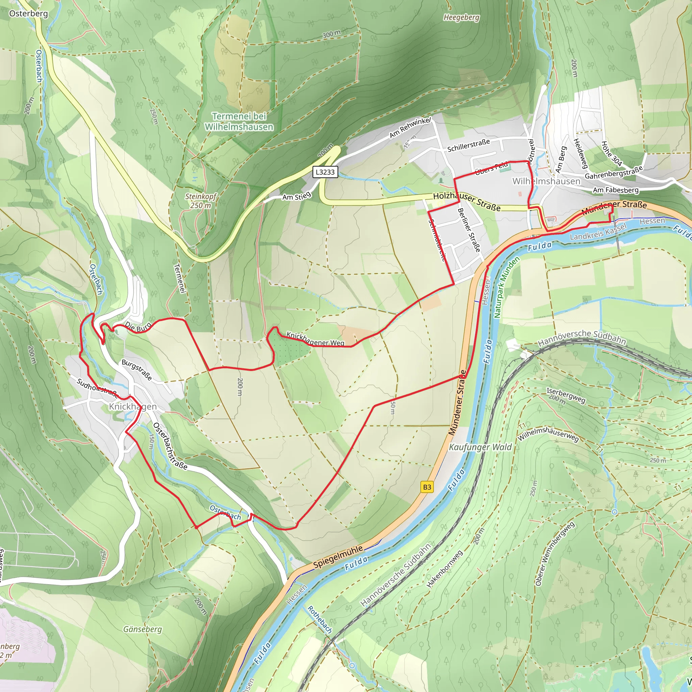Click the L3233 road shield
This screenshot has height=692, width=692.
pos(325,172)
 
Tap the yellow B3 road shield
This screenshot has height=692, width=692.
pos(427,487)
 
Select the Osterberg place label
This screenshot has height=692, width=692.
pos(28,14)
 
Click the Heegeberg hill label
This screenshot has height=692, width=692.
pos(461,17)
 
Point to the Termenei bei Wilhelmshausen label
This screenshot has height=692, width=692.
pos(239,121)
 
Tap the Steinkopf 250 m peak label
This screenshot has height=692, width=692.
pos(201,201)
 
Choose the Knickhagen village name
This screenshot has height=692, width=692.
pos(132,406)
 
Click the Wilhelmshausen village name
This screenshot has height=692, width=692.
pos(546,181)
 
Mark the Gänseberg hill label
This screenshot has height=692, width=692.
pos(143,629)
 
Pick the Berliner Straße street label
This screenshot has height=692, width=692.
pos(469,230)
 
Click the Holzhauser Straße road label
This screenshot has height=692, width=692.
pos(466,201)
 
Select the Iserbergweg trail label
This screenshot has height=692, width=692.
pos(566,395)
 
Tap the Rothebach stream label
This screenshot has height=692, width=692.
pos(320,619)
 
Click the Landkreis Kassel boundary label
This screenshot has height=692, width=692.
pos(598,232)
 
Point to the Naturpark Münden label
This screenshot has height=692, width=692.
pos(506,287)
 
